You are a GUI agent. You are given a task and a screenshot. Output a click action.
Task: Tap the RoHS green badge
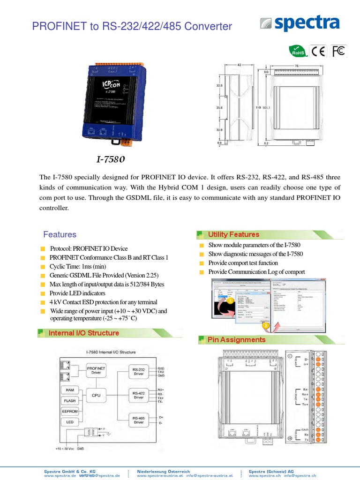click(297, 51)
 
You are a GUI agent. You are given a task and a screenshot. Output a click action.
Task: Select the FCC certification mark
click(338, 51)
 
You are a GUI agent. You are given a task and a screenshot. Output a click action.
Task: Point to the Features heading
click(60, 234)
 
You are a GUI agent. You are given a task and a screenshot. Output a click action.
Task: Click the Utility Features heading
click(233, 234)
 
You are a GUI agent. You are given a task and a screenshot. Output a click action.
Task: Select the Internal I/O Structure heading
click(84, 333)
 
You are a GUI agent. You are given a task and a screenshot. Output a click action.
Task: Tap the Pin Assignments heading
click(236, 339)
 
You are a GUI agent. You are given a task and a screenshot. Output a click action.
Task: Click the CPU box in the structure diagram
click(96, 396)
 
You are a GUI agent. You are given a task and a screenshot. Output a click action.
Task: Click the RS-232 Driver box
click(139, 372)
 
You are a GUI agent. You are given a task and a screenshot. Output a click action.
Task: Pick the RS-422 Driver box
click(139, 395)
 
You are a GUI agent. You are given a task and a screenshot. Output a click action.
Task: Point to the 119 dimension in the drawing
click(258, 108)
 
